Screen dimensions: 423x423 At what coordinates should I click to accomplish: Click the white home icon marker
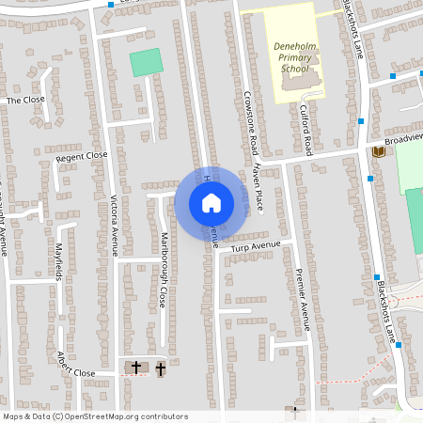click(x=211, y=202)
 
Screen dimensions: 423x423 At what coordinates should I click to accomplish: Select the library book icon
click(x=378, y=151)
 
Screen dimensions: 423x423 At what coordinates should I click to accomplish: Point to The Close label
click(x=25, y=99)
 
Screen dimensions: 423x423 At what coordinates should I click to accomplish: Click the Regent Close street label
click(x=82, y=157)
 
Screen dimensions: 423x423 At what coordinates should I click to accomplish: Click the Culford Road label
click(x=305, y=130)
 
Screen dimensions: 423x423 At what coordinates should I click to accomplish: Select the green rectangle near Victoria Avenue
click(x=146, y=62)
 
